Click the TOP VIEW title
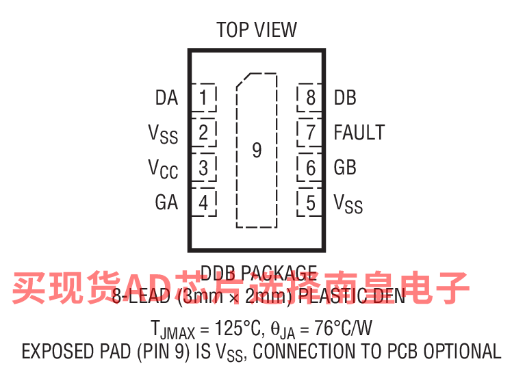(x=257, y=30)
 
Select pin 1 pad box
(x=203, y=98)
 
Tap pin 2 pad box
(x=203, y=132)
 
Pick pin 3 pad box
(x=203, y=167)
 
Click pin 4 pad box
(x=203, y=202)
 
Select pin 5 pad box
(x=310, y=202)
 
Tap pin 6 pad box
(x=310, y=167)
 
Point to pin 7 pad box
(x=310, y=132)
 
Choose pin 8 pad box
(x=310, y=98)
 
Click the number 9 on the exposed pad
(x=257, y=150)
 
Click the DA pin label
(x=166, y=98)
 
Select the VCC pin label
(x=163, y=168)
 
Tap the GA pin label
(x=166, y=202)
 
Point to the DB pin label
(x=345, y=98)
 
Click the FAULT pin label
(x=359, y=133)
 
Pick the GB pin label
(x=345, y=168)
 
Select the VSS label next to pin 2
(x=163, y=133)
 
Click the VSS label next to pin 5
(x=348, y=204)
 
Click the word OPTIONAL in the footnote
(x=462, y=352)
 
